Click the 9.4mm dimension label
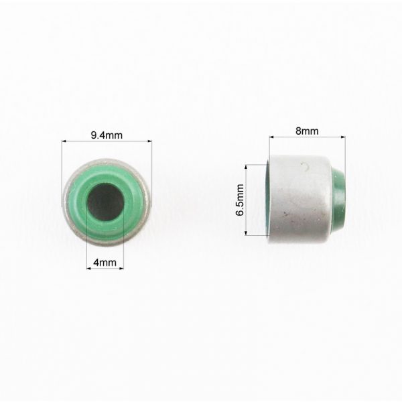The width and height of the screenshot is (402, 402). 107,135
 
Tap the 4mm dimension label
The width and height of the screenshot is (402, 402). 105,262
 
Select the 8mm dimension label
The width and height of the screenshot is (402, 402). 307,131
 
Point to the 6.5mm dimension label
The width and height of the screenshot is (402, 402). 240,200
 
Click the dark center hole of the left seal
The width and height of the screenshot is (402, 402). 105,202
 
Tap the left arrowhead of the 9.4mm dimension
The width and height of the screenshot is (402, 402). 64,141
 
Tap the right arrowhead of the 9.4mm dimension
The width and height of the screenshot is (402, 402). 149,141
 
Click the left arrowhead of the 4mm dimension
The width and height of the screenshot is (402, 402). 88,269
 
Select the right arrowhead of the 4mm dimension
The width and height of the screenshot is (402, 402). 121,269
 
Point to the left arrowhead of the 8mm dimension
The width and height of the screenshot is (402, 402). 271,137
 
